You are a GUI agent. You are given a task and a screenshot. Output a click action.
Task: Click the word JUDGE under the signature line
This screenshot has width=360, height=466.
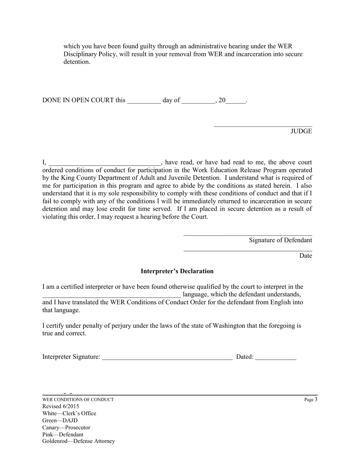301,131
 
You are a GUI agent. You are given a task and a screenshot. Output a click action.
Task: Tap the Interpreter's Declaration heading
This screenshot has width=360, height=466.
177,271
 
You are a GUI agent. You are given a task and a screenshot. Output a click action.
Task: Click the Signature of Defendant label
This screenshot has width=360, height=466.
280,240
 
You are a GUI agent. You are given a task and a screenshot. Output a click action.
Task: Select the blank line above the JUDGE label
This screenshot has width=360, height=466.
263,125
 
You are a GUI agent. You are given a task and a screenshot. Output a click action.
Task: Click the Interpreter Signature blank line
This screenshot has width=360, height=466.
167,357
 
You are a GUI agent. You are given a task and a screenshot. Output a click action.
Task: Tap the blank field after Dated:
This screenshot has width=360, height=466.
275,357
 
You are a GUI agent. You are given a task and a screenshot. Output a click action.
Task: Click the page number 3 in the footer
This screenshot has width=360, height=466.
316,399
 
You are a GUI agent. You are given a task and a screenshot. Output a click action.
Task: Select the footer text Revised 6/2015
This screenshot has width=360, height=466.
61,407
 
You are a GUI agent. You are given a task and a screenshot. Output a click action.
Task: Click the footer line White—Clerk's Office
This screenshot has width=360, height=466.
69,413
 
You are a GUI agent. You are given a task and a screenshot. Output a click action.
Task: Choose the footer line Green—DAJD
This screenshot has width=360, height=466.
60,421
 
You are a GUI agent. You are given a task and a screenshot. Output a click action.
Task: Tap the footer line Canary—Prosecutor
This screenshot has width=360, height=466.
66,427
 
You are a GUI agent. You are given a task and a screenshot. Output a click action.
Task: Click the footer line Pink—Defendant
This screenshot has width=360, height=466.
63,435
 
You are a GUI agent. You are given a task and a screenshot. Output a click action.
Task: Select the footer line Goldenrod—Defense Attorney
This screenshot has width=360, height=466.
78,441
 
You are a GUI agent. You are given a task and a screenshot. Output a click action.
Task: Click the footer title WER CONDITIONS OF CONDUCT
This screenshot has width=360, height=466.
78,400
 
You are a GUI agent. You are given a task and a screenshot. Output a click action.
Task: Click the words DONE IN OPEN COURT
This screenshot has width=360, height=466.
78,100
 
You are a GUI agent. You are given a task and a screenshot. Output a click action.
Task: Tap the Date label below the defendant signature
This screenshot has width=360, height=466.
305,256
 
